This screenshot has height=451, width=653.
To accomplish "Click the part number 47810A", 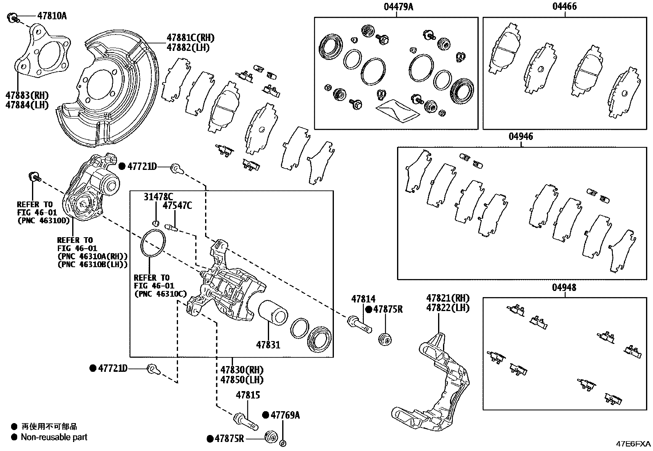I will click(x=52, y=16).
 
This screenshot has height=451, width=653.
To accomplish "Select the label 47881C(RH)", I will click(x=190, y=37).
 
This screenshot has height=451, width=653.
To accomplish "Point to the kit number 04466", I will click(x=564, y=7).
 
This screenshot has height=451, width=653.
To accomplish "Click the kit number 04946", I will click(x=521, y=137).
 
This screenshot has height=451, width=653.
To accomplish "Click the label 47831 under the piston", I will click(x=268, y=345).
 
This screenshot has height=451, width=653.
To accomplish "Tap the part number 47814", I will click(x=363, y=299).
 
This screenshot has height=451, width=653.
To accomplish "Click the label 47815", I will click(x=248, y=395).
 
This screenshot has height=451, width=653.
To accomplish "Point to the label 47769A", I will click(x=285, y=415).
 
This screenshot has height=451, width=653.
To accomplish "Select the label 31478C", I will click(x=158, y=197).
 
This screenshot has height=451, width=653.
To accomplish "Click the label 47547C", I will click(x=177, y=206).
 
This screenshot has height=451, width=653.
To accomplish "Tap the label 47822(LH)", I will click(x=448, y=308).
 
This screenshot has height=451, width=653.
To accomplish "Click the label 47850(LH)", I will click(x=242, y=380).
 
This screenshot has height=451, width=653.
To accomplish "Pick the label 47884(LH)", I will click(x=27, y=105).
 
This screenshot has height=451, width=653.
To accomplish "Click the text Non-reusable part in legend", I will click(x=54, y=437).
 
